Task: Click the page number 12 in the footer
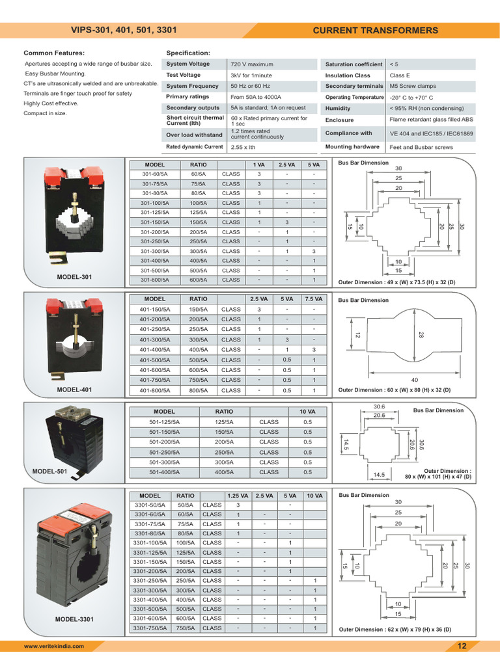(462, 646)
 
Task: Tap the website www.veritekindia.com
(54, 646)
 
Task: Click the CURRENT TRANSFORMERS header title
(376, 31)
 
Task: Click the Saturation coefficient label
(354, 64)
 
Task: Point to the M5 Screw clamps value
(413, 86)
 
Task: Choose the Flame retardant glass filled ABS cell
(431, 120)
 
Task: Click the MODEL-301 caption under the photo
(74, 277)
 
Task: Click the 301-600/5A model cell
(155, 280)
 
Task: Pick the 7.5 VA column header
(313, 299)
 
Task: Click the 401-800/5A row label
(155, 390)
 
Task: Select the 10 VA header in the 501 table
(307, 412)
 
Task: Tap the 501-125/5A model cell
(164, 421)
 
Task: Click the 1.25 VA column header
(238, 496)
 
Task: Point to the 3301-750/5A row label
(150, 628)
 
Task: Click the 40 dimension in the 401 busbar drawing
(415, 380)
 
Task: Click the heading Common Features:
(54, 53)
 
